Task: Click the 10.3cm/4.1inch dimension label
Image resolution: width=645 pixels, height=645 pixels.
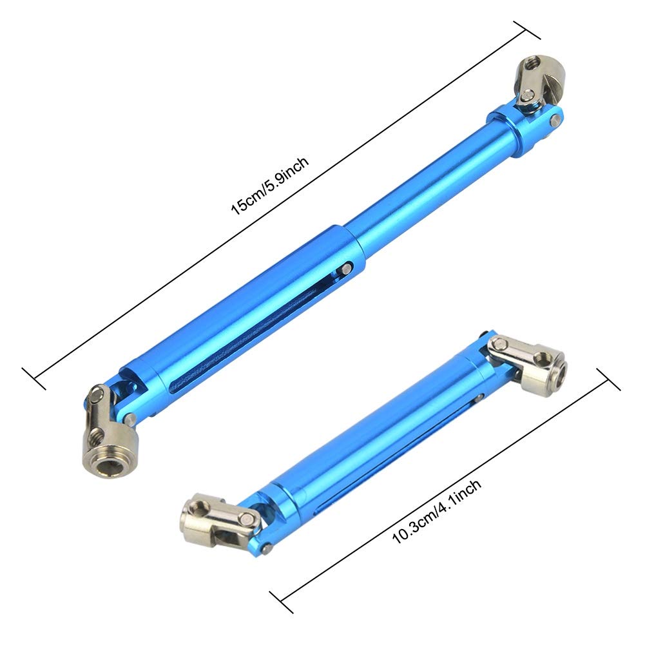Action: tap(436, 512)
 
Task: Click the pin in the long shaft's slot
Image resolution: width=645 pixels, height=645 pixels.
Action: tap(345, 269)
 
